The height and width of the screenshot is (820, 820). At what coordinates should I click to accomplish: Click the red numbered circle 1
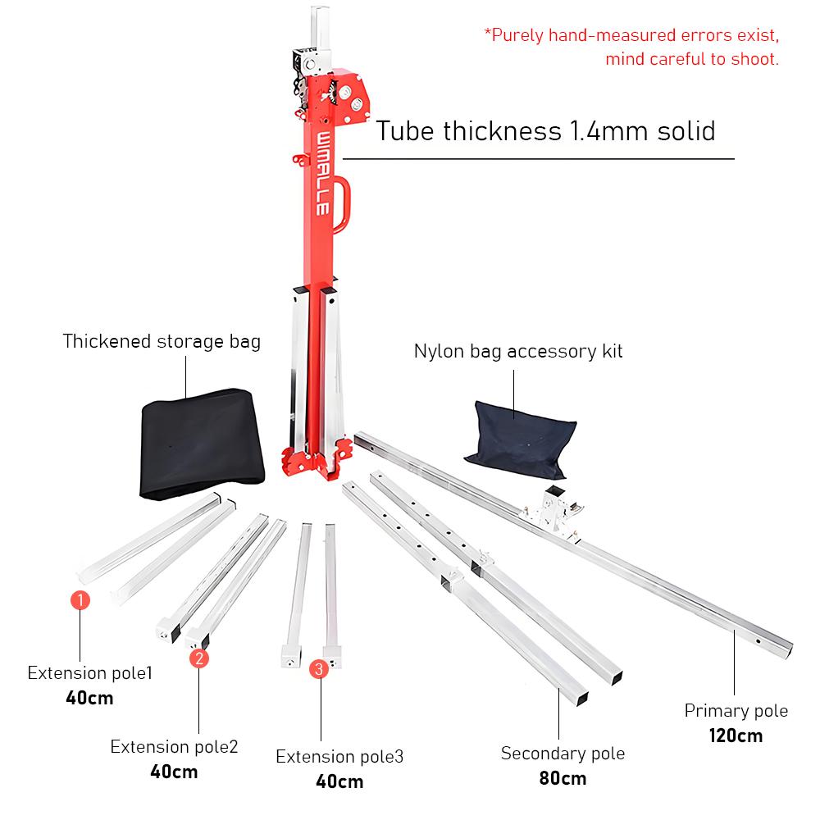coord(80,600)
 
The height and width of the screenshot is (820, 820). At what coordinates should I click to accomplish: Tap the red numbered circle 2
coord(199,658)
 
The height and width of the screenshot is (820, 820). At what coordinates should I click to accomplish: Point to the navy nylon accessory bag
coord(519,435)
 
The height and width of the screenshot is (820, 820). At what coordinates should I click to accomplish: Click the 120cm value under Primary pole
coord(736,736)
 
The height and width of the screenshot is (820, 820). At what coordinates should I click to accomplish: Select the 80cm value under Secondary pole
coord(563,778)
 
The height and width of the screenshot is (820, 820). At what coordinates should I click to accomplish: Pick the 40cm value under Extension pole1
coord(89,699)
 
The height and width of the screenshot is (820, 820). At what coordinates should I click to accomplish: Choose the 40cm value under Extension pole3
coord(339,781)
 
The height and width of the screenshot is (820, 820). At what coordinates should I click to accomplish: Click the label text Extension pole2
coord(174,747)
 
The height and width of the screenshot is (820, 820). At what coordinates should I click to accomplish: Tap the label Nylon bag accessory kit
coord(518,352)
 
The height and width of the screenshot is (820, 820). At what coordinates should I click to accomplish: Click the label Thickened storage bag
coord(162,341)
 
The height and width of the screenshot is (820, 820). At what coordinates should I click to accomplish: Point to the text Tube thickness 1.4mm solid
coord(545,131)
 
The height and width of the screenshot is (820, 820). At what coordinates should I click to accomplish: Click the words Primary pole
coord(736,711)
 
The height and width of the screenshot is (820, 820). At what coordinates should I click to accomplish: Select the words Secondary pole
coord(563,754)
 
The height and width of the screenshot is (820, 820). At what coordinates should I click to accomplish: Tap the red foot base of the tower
coord(312,463)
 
